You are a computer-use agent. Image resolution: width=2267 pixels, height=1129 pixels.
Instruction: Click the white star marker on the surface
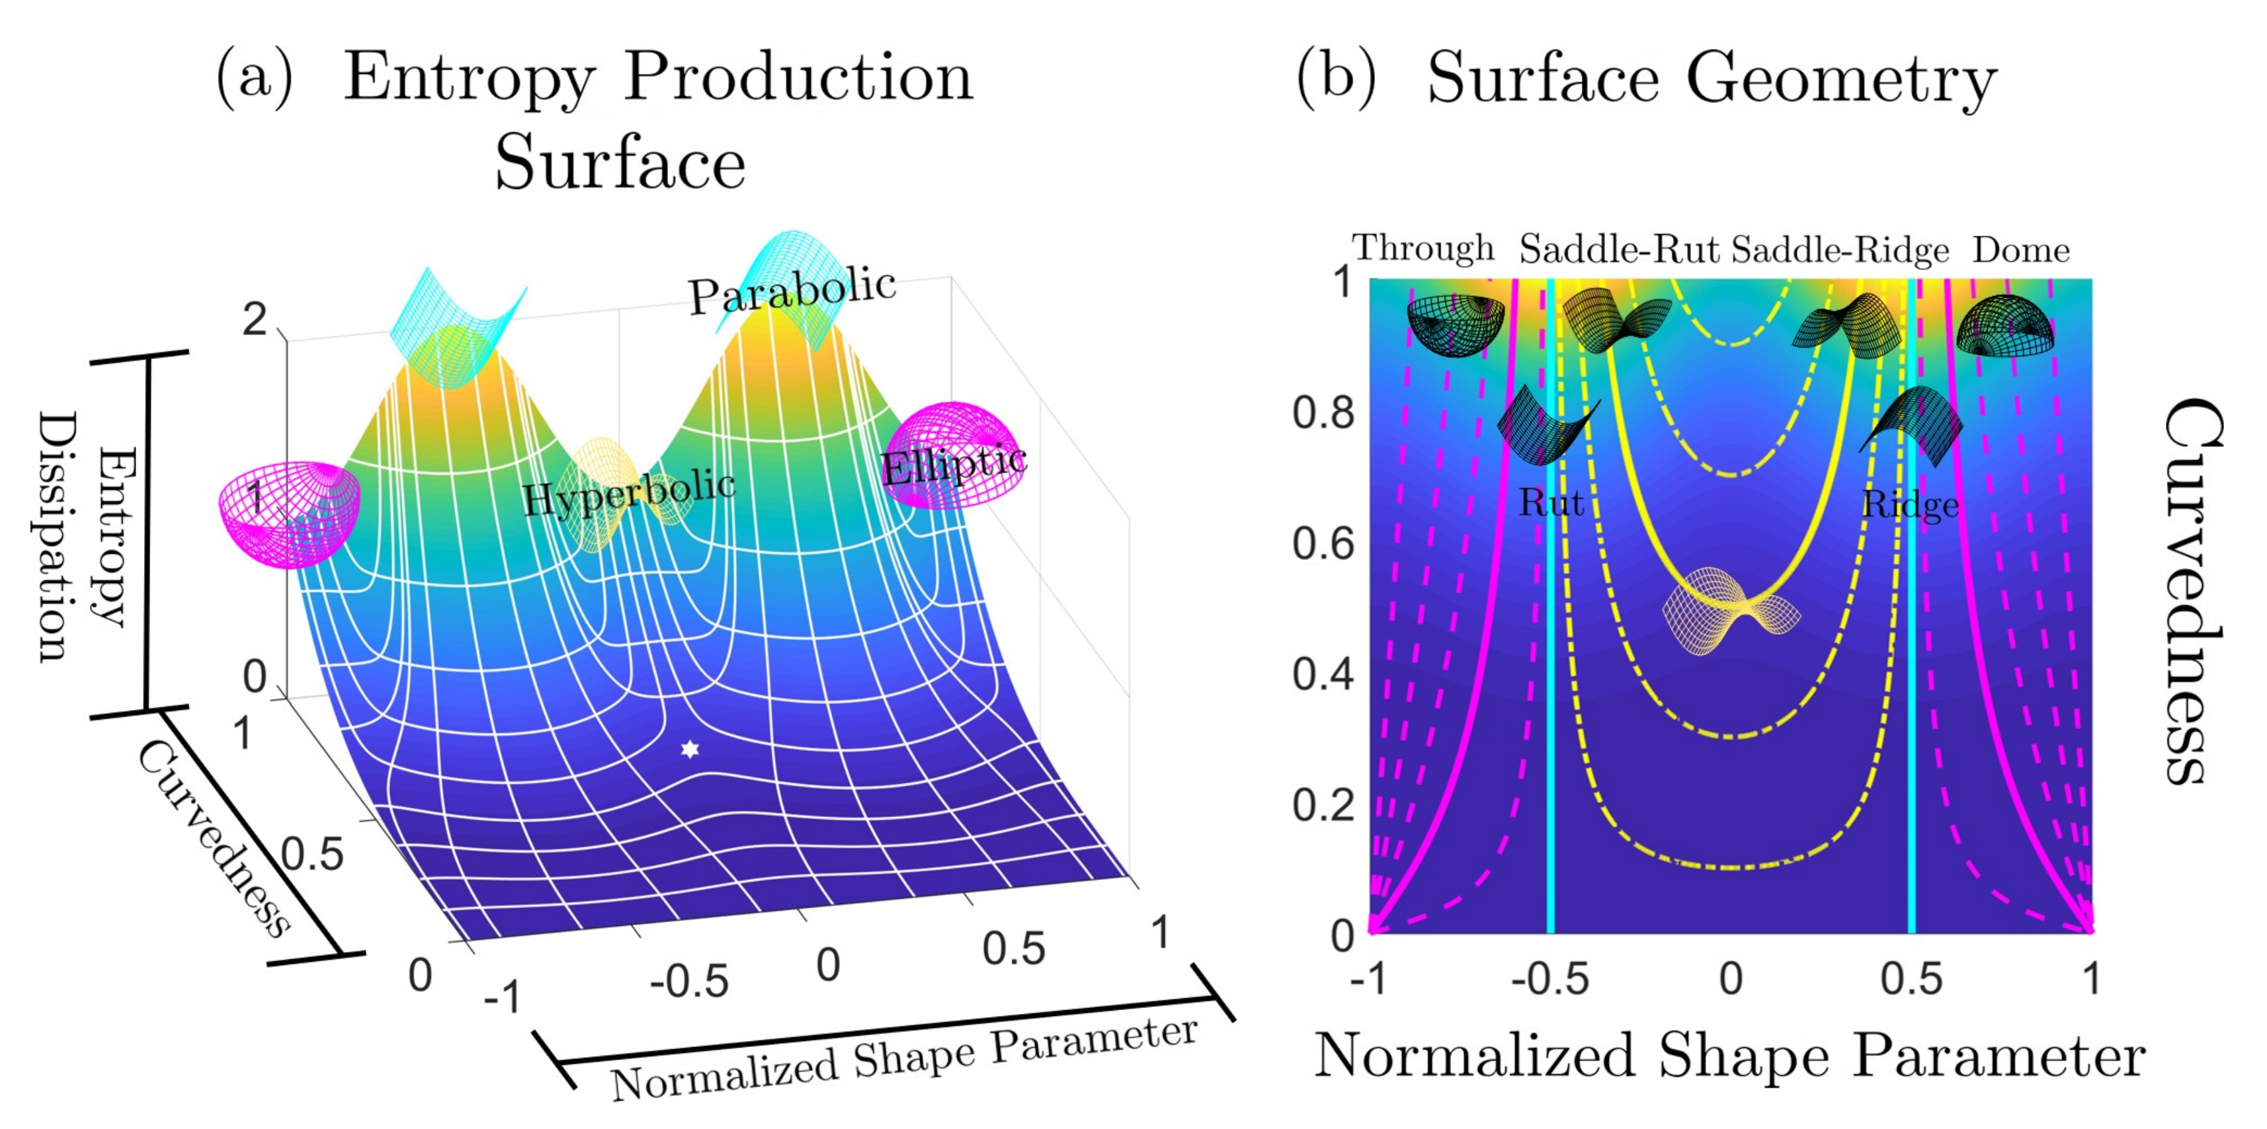click(690, 749)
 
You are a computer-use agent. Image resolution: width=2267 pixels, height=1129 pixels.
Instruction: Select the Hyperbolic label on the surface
click(628, 493)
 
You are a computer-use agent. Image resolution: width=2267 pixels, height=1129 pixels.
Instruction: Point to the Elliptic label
click(954, 464)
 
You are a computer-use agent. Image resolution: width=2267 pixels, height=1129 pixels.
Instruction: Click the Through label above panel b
click(1423, 249)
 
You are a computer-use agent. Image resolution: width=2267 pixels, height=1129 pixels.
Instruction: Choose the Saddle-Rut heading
click(1620, 250)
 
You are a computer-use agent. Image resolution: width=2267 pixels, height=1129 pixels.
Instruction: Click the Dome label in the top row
click(2020, 250)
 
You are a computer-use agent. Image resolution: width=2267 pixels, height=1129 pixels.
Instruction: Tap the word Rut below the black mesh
click(1551, 502)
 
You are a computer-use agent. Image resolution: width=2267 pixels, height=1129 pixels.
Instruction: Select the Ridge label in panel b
click(1911, 505)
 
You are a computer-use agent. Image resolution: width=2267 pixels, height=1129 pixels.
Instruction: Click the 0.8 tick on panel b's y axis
click(1323, 412)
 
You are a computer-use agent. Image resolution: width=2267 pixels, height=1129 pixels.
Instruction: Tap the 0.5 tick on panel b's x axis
click(1911, 978)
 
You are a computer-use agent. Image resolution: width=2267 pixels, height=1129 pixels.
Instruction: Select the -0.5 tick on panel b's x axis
click(1549, 978)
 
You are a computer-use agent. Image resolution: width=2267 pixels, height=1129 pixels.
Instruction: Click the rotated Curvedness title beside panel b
click(2195, 590)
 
